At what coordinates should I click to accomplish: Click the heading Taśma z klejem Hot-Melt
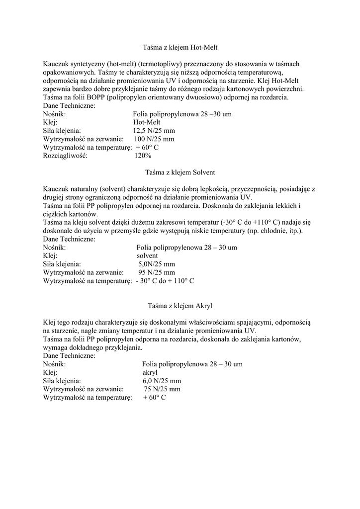click(x=180, y=48)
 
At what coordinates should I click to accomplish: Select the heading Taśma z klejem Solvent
click(x=180, y=172)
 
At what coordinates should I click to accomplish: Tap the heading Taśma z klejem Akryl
click(x=180, y=305)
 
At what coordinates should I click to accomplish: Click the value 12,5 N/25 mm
click(x=154, y=131)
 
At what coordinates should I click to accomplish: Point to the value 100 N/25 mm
click(x=154, y=139)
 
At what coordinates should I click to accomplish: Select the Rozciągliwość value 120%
click(x=143, y=156)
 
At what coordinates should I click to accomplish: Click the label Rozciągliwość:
click(x=65, y=156)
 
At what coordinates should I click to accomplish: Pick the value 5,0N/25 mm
click(x=156, y=264)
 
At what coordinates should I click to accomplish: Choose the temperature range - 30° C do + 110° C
click(x=165, y=281)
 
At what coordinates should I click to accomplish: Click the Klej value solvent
click(x=147, y=255)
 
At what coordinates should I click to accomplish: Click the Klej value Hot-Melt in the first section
click(x=147, y=122)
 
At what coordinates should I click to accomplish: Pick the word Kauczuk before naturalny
click(x=56, y=189)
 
